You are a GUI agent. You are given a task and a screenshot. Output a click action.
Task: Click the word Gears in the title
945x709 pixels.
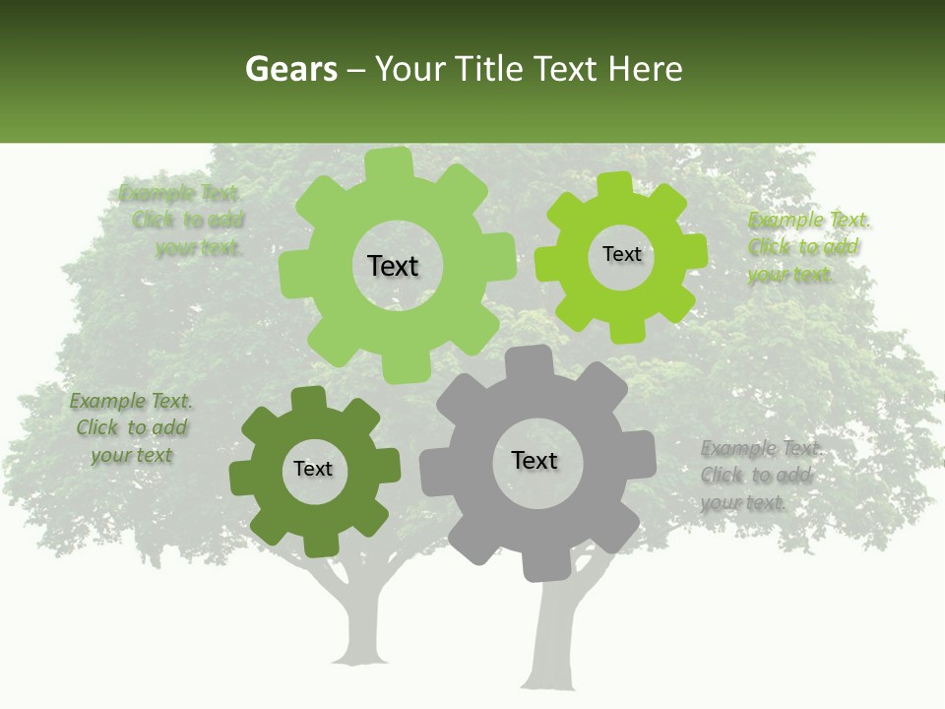[x=291, y=69]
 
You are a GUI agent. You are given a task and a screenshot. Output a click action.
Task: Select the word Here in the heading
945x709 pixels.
[x=645, y=69]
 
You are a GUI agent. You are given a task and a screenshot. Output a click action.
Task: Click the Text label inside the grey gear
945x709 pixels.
[x=535, y=460]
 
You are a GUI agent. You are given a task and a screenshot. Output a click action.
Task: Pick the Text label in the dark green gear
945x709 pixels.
[x=313, y=469]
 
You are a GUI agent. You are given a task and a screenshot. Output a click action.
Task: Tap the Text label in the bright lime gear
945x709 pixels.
[x=621, y=254]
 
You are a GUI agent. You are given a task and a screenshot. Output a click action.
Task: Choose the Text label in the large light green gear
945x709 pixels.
[x=393, y=266]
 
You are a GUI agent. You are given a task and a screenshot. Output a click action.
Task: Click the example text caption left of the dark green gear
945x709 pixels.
[x=131, y=427]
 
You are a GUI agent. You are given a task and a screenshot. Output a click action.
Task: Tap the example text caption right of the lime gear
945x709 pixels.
[x=807, y=247]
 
